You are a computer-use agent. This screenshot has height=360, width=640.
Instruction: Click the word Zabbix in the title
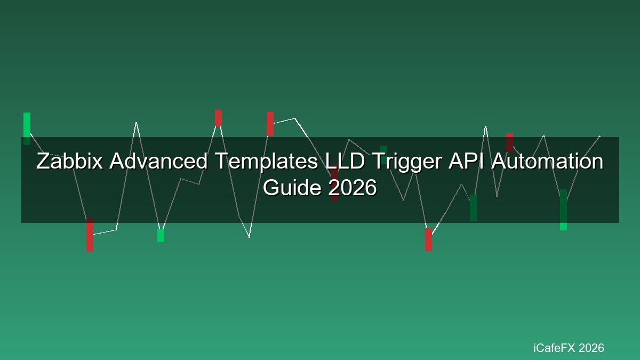[69, 161]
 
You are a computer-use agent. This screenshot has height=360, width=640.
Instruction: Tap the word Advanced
[158, 161]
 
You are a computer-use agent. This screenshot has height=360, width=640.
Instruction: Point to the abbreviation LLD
[345, 161]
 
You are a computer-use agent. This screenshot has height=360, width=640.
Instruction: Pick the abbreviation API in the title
[466, 161]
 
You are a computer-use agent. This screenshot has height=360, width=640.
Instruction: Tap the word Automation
[547, 161]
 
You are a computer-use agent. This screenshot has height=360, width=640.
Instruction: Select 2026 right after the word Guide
[353, 188]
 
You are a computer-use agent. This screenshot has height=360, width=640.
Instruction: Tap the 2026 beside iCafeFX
[591, 348]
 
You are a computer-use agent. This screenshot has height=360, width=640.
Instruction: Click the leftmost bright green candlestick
[27, 129]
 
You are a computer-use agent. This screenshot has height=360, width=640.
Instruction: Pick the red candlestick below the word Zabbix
[90, 235]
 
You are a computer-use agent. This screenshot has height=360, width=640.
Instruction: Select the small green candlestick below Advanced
[161, 235]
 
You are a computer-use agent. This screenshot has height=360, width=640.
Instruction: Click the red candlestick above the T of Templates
[218, 118]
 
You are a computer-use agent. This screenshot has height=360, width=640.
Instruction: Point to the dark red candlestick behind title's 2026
[334, 183]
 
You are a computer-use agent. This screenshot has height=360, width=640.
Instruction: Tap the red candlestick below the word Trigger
[429, 239]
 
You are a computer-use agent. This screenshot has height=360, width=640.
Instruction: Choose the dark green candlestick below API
[474, 207]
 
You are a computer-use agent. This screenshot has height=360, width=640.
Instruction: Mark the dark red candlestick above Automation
[509, 142]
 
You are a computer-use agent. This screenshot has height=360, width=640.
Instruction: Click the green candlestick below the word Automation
[563, 210]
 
